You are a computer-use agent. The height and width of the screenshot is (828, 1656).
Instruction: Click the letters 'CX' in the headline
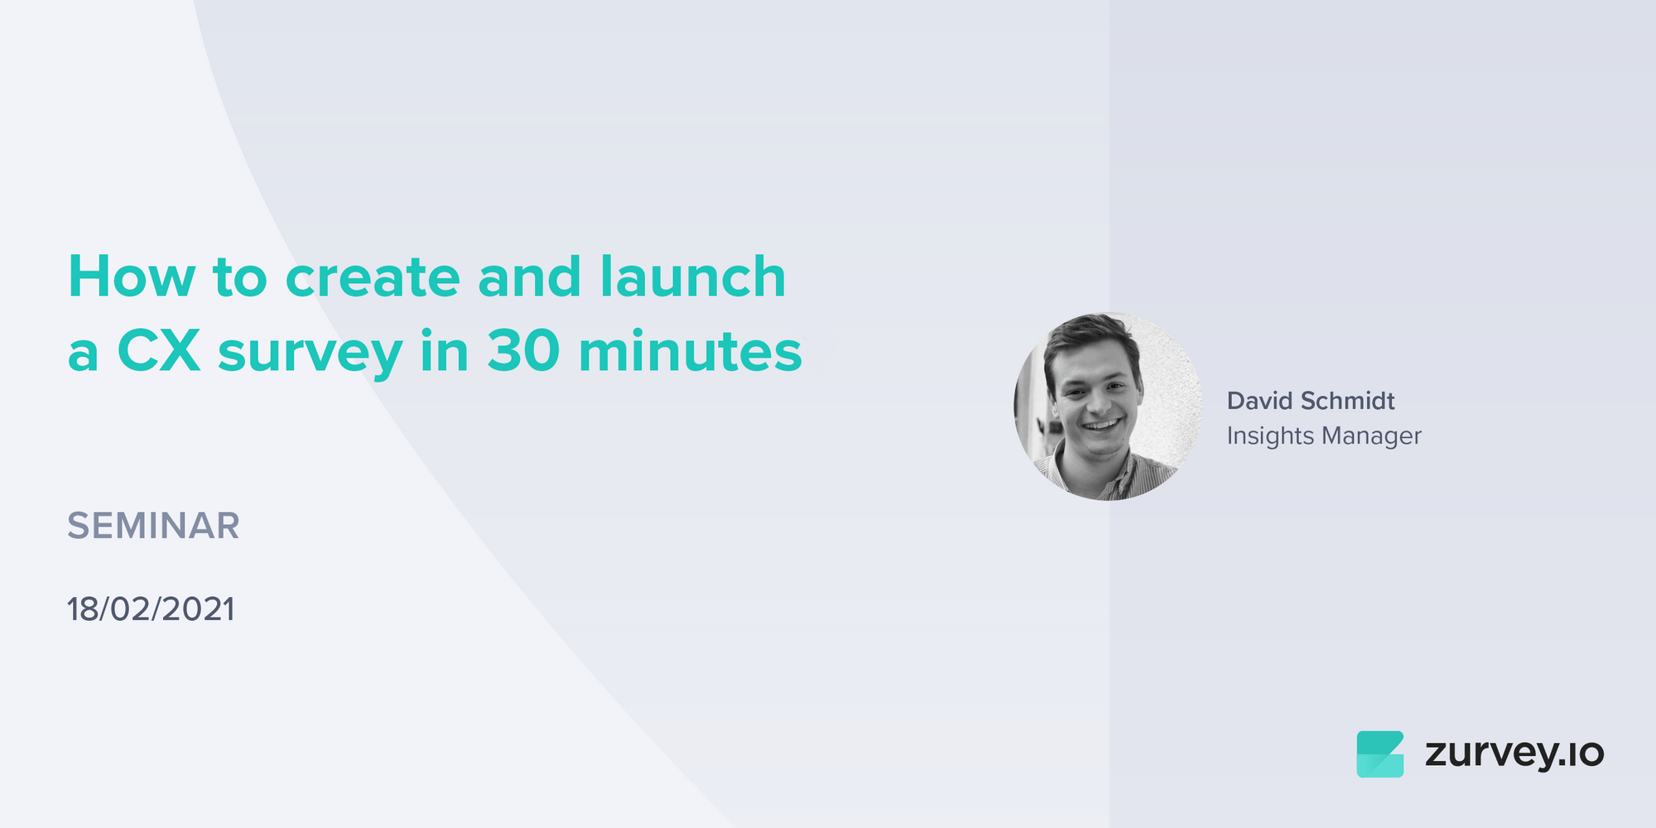[x=159, y=351]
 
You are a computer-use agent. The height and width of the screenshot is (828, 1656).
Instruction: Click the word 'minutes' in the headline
[x=691, y=351]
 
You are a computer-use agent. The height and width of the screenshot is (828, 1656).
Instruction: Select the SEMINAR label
[x=153, y=526]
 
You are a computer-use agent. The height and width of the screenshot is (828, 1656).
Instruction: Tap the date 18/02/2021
[x=151, y=609]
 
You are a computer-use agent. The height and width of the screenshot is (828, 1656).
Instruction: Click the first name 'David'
[x=1259, y=401]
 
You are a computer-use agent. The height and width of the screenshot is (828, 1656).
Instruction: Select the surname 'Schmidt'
[x=1347, y=401]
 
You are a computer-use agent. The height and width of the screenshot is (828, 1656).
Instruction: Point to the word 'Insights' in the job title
[x=1270, y=436]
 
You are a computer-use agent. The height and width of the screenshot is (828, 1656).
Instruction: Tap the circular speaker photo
[x=1108, y=406]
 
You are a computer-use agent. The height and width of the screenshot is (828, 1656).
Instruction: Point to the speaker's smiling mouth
[x=1101, y=426]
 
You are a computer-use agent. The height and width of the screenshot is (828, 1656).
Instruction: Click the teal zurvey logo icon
[x=1379, y=753]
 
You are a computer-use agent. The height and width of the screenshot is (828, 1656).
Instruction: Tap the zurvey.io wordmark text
[x=1514, y=753]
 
